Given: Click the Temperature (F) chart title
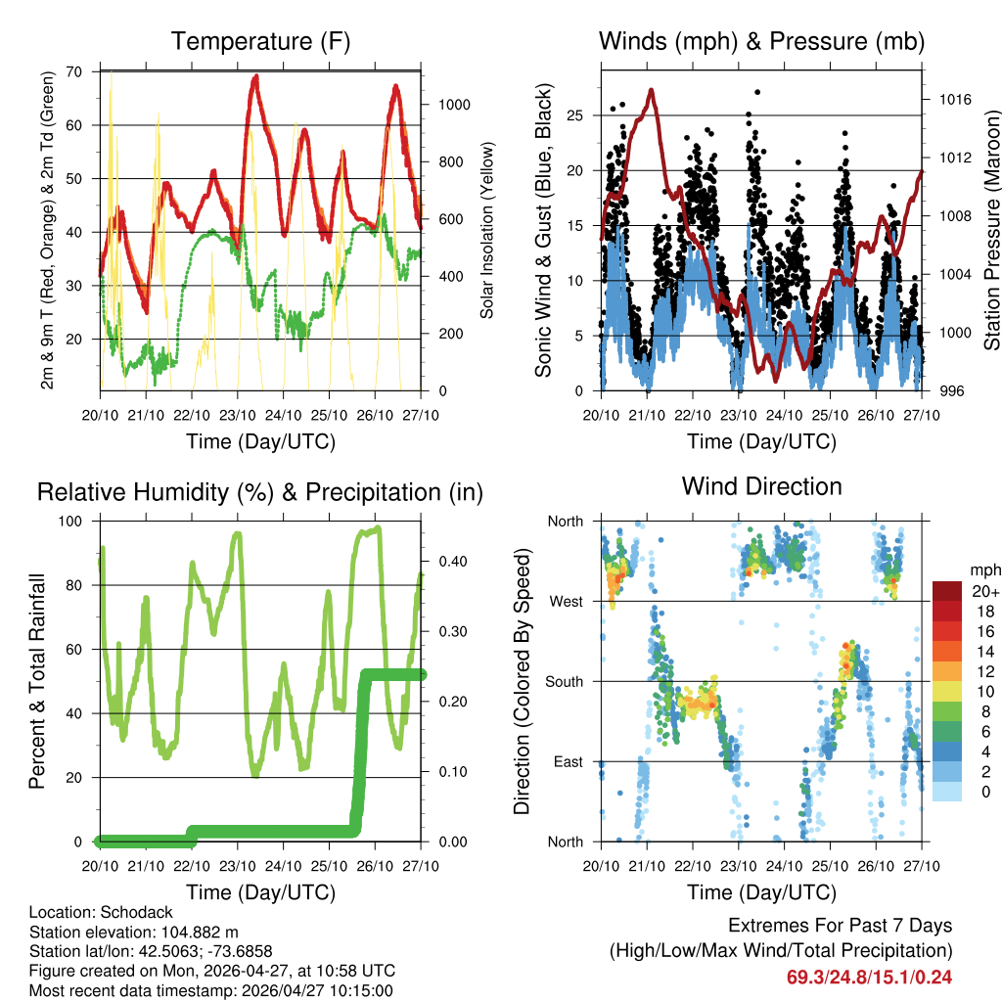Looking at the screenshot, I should pyautogui.click(x=260, y=42).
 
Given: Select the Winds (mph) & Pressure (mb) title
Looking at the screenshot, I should pyautogui.click(x=761, y=42).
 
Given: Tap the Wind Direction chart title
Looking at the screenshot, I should pyautogui.click(x=761, y=486).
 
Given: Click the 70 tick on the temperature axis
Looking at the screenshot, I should pyautogui.click(x=74, y=71).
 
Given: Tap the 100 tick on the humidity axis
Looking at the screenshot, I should pyautogui.click(x=70, y=522).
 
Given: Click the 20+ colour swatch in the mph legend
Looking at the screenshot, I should pyautogui.click(x=946, y=591).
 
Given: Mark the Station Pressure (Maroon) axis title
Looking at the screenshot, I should pyautogui.click(x=990, y=231).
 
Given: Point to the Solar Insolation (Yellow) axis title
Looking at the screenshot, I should pyautogui.click(x=486, y=231).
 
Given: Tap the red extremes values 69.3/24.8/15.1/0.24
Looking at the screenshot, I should pyautogui.click(x=869, y=977).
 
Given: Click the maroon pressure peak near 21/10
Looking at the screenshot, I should pyautogui.click(x=652, y=90).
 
